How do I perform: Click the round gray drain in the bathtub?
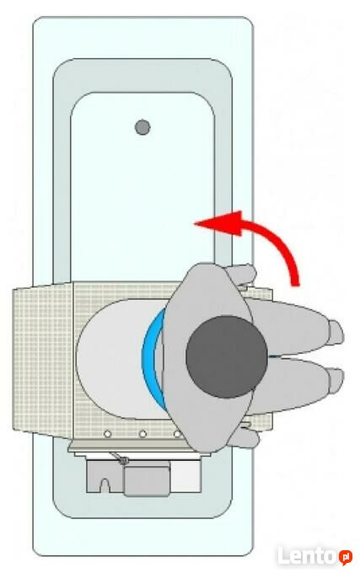142,127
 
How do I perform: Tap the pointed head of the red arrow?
195,222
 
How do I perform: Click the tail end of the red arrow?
294,285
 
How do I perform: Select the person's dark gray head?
227,356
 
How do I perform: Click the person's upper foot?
336,332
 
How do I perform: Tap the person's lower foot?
336,381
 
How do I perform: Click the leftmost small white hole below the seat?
107,434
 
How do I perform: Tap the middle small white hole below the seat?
142,434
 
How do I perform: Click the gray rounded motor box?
147,479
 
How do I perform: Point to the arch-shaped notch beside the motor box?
105,485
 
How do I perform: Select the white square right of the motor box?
185,476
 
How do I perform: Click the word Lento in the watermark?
306,556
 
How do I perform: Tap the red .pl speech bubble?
346,557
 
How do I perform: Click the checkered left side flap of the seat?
43,358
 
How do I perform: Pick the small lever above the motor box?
119,458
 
